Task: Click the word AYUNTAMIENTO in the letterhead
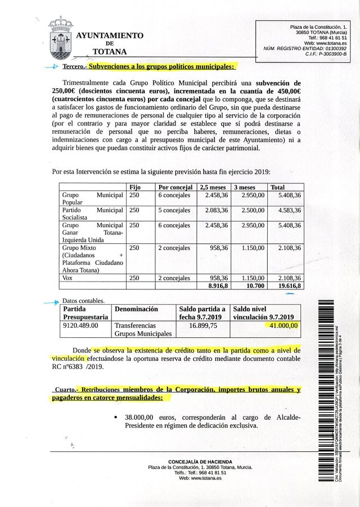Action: [110, 35]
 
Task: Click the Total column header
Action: [278, 187]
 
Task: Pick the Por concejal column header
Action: [175, 187]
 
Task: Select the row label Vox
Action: [67, 278]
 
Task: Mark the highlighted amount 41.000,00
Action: [283, 325]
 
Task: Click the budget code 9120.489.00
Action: [80, 325]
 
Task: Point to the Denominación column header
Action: [137, 309]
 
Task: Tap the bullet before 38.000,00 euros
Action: [115, 418]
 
